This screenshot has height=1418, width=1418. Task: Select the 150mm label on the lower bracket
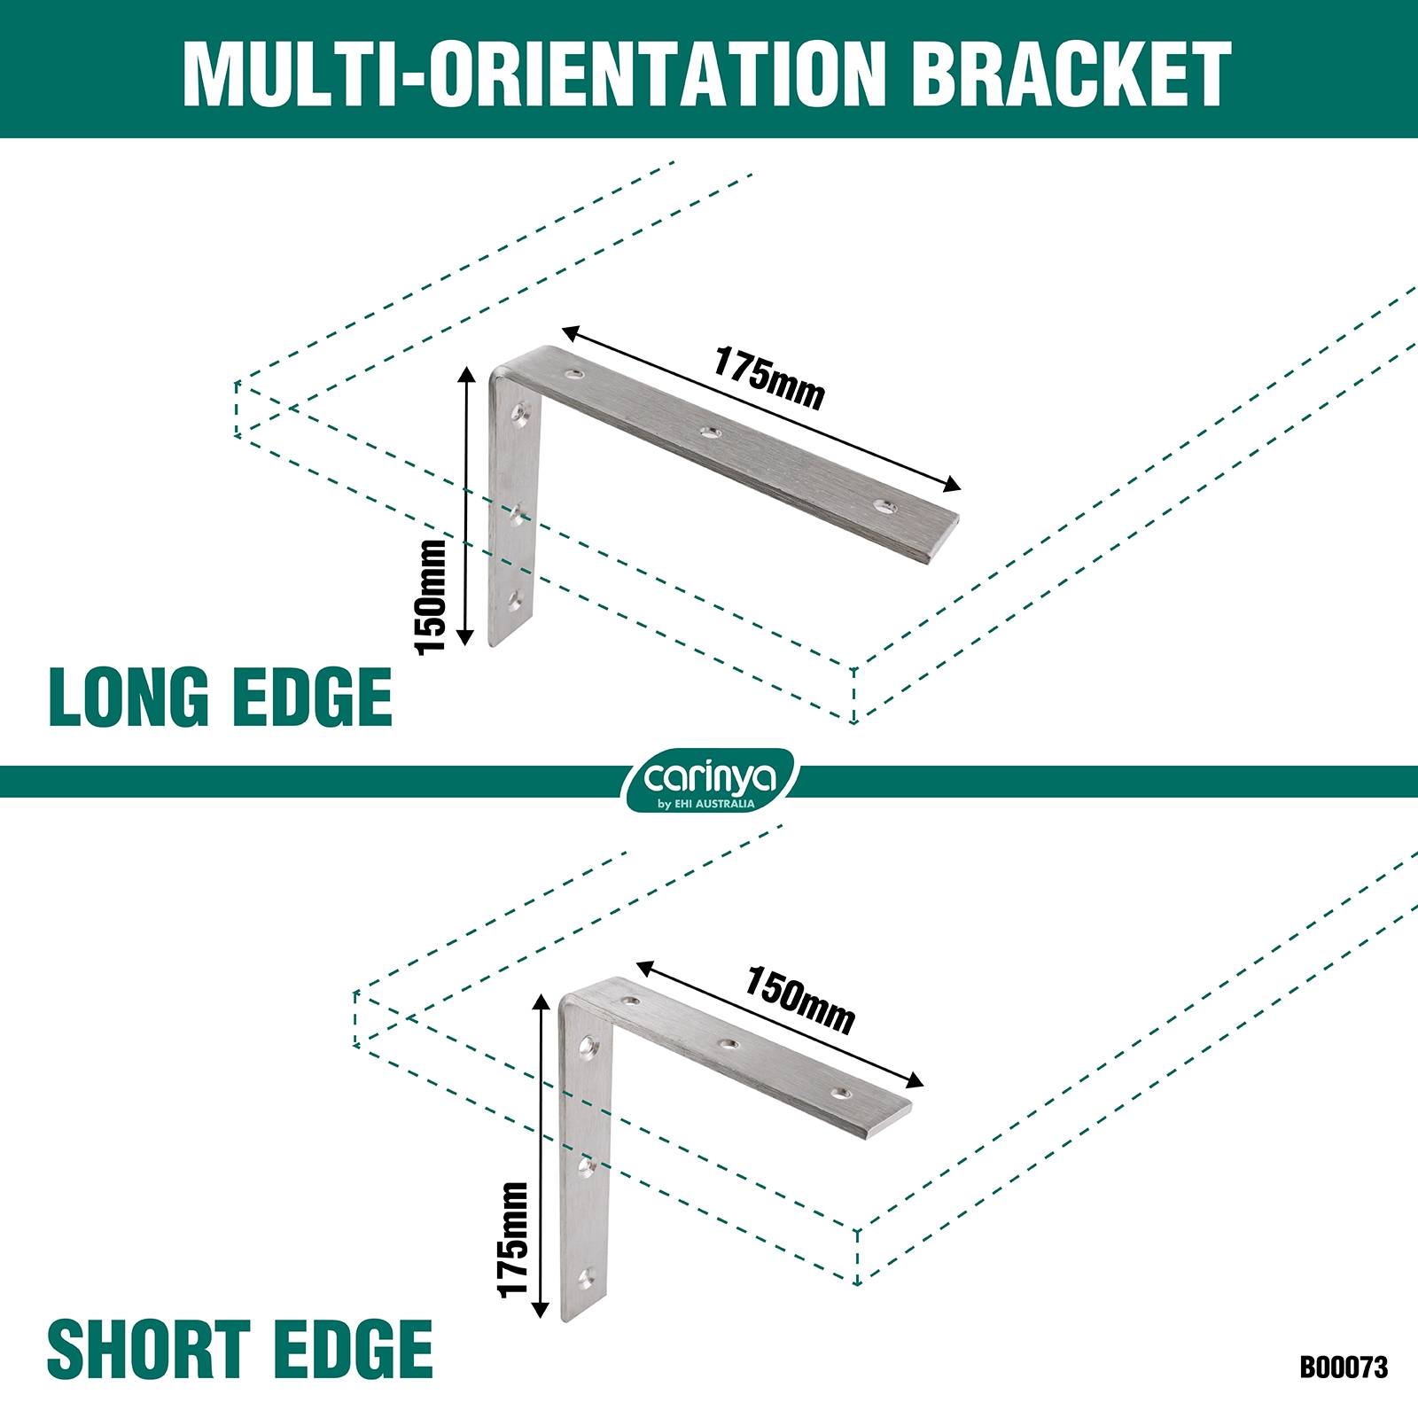click(x=799, y=1001)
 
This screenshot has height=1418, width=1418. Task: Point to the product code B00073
click(x=1344, y=1367)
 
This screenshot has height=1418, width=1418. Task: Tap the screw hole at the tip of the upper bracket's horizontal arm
click(x=884, y=507)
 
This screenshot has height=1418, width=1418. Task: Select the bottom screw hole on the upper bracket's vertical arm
click(x=515, y=602)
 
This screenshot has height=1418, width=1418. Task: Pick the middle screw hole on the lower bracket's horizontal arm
click(x=728, y=1044)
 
